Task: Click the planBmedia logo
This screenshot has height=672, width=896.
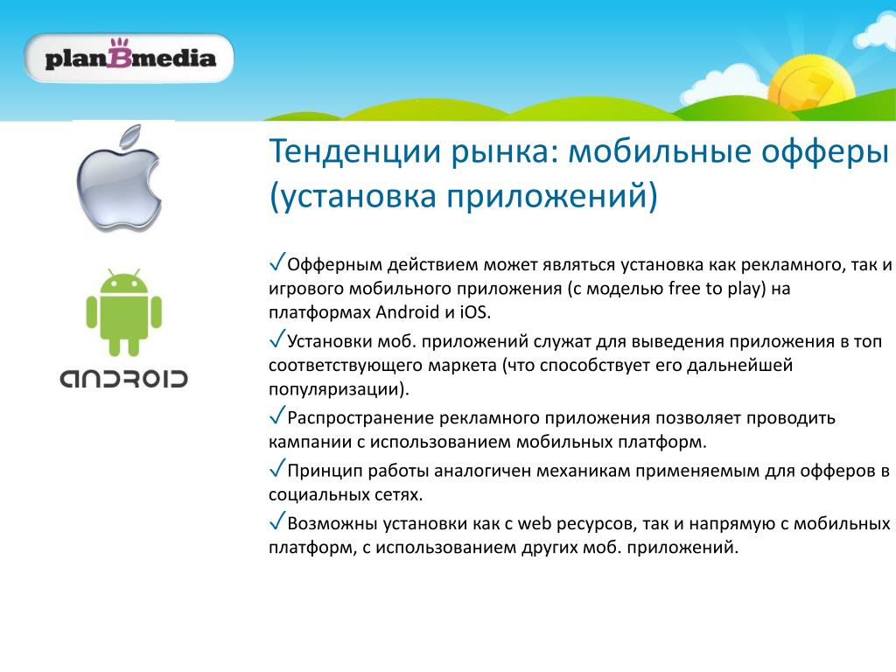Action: (x=129, y=59)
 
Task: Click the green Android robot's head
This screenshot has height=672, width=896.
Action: (x=124, y=283)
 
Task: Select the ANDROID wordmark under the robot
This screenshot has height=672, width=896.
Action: (x=124, y=378)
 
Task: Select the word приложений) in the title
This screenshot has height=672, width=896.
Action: (x=552, y=195)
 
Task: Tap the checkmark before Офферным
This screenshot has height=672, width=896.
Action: (x=277, y=262)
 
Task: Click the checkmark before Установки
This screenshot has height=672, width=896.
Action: (x=277, y=339)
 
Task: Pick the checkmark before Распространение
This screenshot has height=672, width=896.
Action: (x=277, y=416)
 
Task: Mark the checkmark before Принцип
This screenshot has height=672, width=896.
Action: (x=277, y=468)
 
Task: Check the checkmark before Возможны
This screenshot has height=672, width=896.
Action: (x=277, y=521)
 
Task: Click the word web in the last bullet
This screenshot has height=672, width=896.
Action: (x=535, y=523)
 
